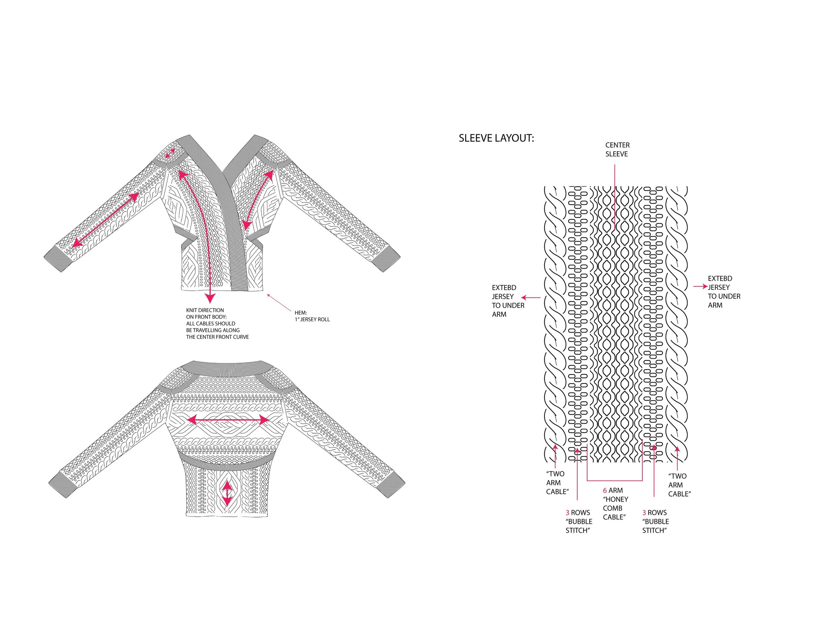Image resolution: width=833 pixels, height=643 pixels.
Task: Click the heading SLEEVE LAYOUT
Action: pyautogui.click(x=496, y=138)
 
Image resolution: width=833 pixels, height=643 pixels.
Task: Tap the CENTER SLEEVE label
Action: pyautogui.click(x=617, y=150)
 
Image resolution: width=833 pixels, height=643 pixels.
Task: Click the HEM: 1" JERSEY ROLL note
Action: pyautogui.click(x=312, y=316)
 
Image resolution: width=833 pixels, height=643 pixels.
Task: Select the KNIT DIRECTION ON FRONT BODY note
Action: pyautogui.click(x=217, y=323)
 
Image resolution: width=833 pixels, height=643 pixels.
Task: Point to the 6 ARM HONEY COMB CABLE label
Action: pyautogui.click(x=615, y=504)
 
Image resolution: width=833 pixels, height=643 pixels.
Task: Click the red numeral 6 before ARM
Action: pyautogui.click(x=605, y=491)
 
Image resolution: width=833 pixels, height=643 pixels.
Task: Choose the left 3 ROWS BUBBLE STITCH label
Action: pyautogui.click(x=578, y=522)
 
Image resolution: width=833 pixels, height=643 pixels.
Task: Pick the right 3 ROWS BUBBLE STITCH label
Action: pyautogui.click(x=655, y=522)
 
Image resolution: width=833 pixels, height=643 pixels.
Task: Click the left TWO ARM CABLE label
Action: pyautogui.click(x=557, y=483)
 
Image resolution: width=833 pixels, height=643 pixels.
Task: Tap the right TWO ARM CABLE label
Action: pyautogui.click(x=680, y=485)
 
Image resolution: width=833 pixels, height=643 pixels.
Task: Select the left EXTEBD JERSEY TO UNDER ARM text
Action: pyautogui.click(x=508, y=301)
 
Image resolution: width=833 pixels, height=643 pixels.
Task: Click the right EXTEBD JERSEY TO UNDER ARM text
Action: pyautogui.click(x=724, y=292)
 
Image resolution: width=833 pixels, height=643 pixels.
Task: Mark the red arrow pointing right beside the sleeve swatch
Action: pyautogui.click(x=700, y=287)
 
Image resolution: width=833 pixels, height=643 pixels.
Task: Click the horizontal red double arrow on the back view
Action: pyautogui.click(x=228, y=420)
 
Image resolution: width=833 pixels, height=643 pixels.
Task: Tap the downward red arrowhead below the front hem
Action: pyautogui.click(x=210, y=298)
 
